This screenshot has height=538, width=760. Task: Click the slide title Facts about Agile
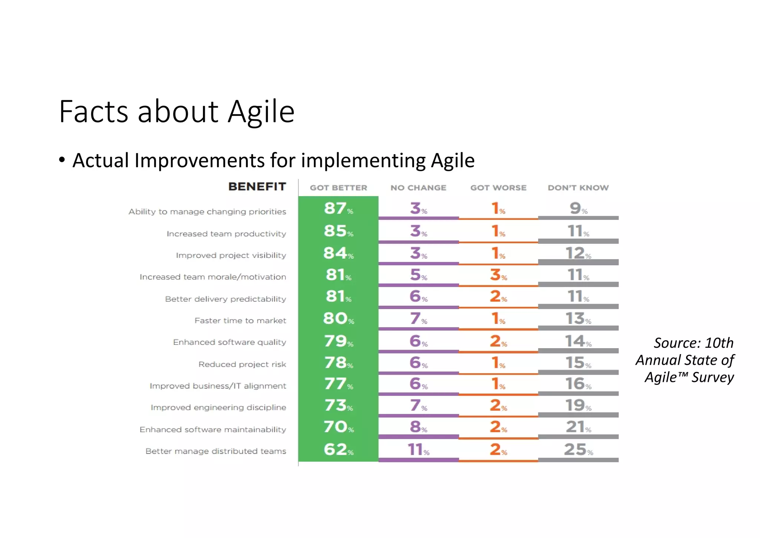[177, 111]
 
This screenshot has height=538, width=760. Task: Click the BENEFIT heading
[257, 187]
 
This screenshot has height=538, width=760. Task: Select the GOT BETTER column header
[338, 188]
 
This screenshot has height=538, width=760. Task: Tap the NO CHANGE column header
[418, 188]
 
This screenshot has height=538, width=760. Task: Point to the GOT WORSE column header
[498, 188]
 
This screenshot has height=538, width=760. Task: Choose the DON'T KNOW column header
[578, 188]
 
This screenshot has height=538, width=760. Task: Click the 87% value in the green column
[338, 208]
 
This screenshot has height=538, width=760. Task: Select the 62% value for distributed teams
[338, 450]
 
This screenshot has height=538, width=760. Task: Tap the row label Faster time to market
[240, 321]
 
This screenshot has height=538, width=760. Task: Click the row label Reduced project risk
[242, 364]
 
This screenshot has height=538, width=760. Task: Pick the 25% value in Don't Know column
[578, 450]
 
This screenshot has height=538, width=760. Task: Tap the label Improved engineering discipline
[218, 408]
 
